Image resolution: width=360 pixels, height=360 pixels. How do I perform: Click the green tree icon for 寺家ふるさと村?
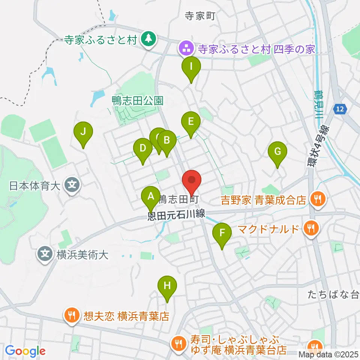tap(149, 39)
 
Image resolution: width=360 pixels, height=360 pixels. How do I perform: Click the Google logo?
tap(25, 351)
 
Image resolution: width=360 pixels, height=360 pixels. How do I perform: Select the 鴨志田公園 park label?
tap(138, 100)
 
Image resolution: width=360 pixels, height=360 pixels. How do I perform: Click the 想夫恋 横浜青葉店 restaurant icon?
tap(71, 315)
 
